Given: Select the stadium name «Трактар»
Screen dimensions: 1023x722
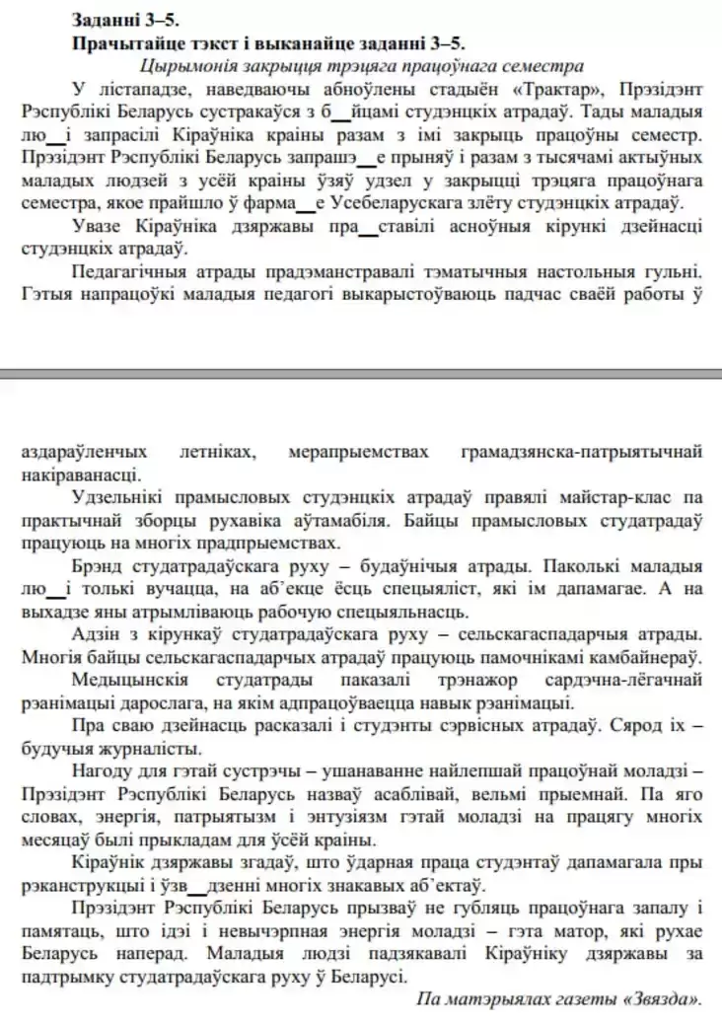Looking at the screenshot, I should [530, 88].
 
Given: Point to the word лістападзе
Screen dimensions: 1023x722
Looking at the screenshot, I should [126, 88].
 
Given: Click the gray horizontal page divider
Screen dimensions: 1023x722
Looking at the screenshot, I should [361, 374].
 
